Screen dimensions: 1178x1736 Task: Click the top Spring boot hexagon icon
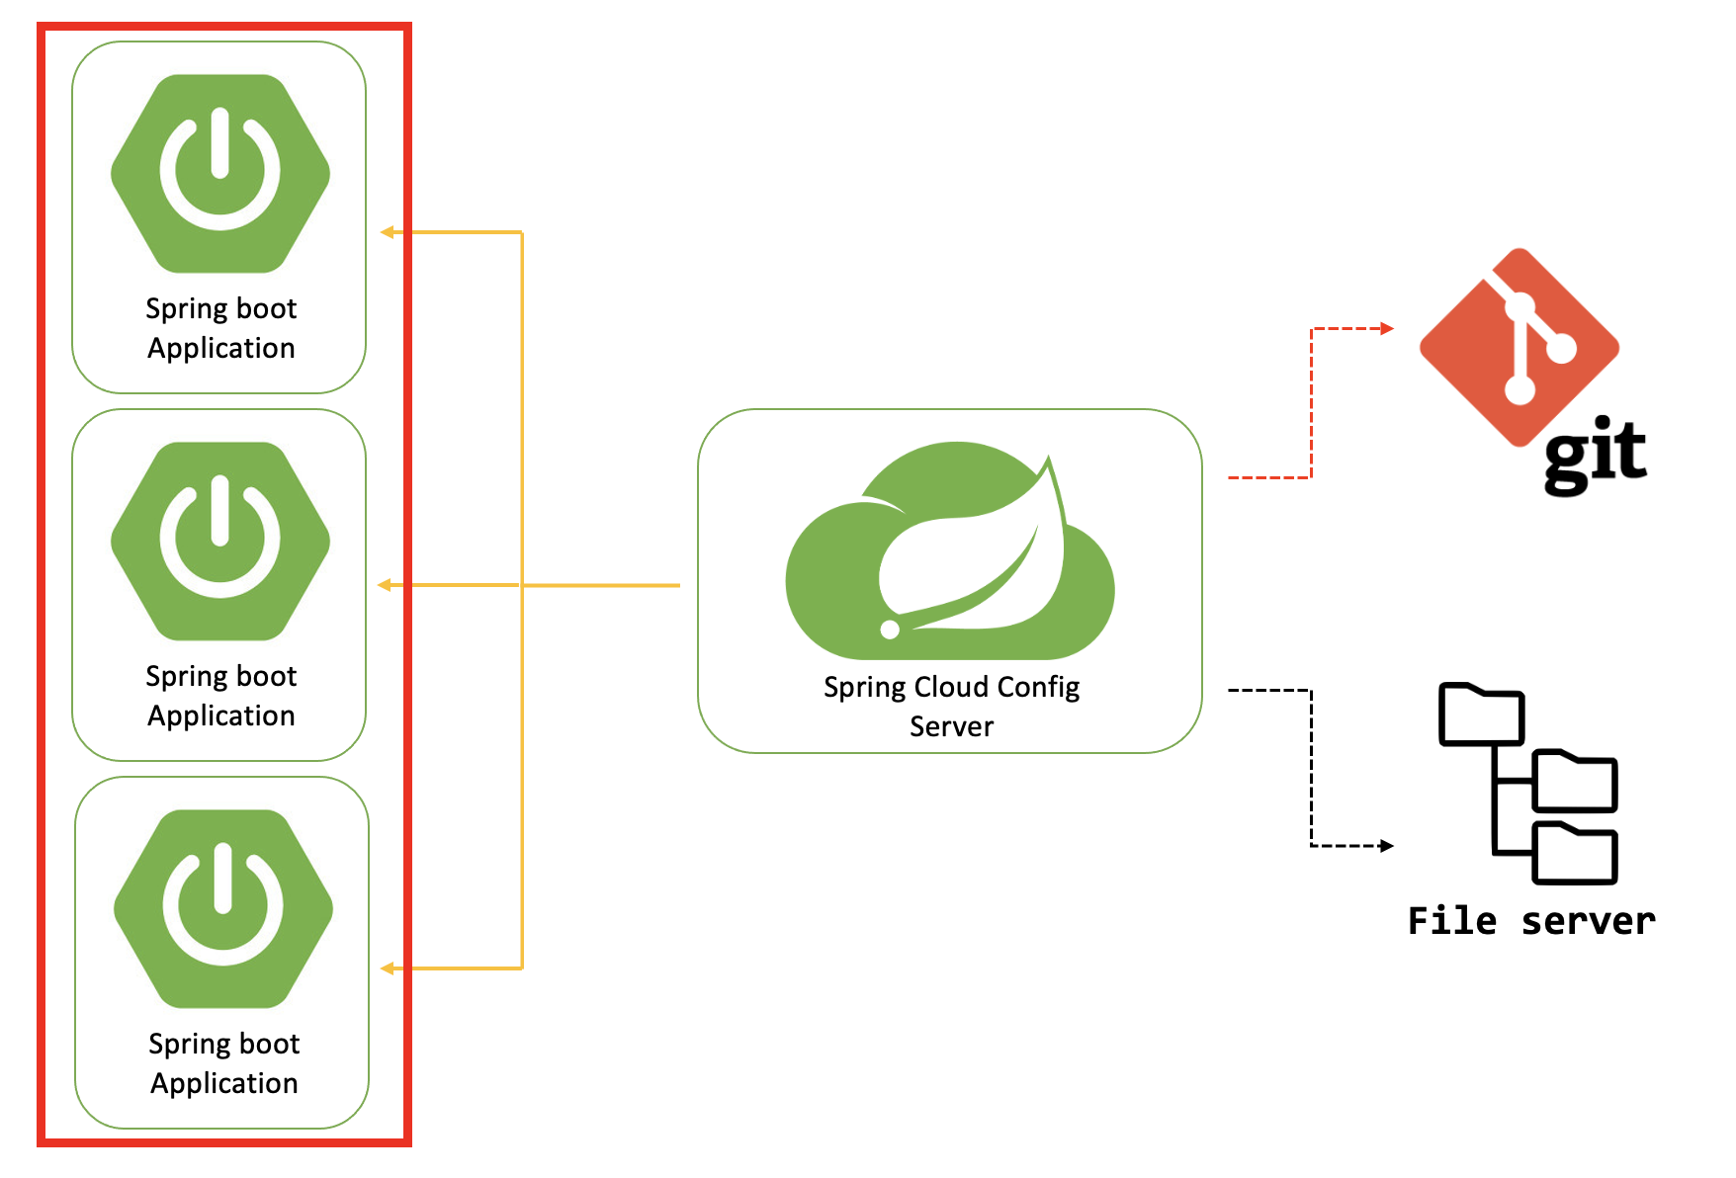click(x=220, y=173)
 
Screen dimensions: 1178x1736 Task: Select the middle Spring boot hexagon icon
click(x=220, y=541)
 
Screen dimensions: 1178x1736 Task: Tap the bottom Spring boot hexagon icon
click(x=223, y=908)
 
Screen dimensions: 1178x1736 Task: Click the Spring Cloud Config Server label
click(x=951, y=706)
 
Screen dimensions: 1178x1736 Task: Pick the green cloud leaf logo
click(x=950, y=553)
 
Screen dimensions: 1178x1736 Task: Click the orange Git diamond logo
click(x=1519, y=346)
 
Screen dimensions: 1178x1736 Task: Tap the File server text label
click(x=1530, y=921)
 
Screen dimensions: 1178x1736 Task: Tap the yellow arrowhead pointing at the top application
click(x=388, y=232)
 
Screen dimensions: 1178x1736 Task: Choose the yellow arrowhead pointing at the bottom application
click(x=388, y=968)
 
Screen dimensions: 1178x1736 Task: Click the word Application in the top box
click(x=220, y=348)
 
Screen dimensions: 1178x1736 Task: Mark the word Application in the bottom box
click(x=223, y=1083)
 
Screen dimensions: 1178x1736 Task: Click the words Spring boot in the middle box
click(x=220, y=676)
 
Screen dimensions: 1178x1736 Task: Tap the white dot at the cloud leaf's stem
click(x=890, y=630)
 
